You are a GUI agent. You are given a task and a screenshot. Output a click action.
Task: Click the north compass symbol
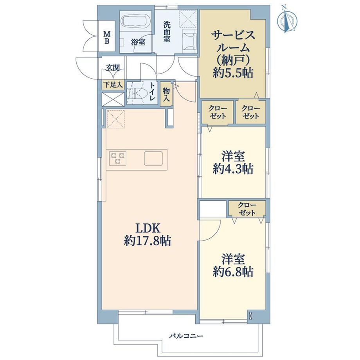[x=287, y=20]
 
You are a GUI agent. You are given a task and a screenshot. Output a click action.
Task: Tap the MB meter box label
[x=107, y=38]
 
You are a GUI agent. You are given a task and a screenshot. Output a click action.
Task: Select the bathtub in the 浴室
[x=136, y=22]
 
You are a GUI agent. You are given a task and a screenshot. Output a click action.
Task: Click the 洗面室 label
[x=167, y=32]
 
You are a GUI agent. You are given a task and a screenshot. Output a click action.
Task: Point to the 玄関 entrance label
[x=113, y=68]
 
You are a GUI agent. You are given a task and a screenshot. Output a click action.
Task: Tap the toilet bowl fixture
[x=140, y=93]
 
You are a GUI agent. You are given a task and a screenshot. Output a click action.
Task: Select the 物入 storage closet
[x=166, y=94]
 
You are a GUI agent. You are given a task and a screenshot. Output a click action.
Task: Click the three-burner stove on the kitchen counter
[x=118, y=158]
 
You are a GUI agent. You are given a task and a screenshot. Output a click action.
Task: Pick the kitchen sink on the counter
[x=153, y=158]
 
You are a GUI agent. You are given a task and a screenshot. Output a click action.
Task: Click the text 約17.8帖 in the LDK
[x=148, y=241]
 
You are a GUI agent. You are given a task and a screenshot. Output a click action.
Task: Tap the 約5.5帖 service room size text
[x=233, y=73]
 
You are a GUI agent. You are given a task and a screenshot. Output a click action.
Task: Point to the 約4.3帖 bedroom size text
[x=233, y=169]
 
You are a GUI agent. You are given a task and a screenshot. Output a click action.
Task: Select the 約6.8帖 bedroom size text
[x=233, y=272]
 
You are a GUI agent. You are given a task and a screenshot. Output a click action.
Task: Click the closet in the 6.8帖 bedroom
[x=247, y=209]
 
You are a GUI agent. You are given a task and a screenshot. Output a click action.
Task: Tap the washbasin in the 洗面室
[x=189, y=40]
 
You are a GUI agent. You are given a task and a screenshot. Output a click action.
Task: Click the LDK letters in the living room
[x=148, y=229]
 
